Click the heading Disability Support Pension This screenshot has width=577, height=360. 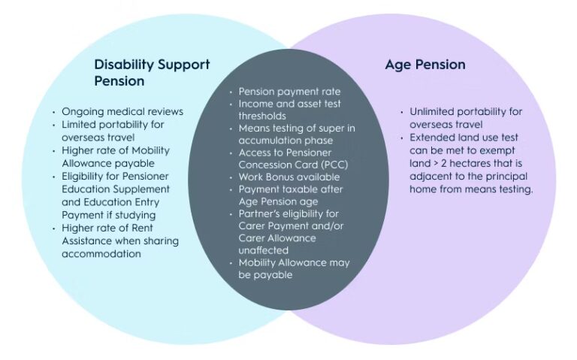point(152,72)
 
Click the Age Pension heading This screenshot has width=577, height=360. point(425,65)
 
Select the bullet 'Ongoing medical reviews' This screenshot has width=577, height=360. point(122,112)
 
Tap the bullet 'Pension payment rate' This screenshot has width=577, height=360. point(289,92)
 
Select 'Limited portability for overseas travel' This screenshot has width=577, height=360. point(113,131)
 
